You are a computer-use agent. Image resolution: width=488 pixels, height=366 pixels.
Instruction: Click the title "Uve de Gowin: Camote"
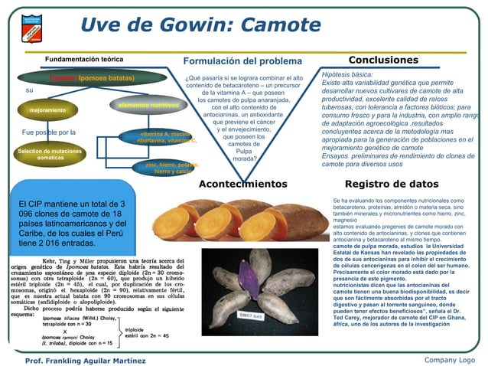coord(201,26)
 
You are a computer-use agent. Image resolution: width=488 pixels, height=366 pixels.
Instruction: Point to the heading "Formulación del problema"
coord(242,60)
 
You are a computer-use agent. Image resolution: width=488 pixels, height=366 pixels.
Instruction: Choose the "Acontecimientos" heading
coord(242,184)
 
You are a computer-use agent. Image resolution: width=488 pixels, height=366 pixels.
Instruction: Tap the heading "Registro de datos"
coord(392,184)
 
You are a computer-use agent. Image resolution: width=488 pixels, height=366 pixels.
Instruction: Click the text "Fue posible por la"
coord(48,132)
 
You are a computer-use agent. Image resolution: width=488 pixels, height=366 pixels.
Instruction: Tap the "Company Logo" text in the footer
coord(449,360)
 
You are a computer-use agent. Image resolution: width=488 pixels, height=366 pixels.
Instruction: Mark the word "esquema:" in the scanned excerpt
coord(25,313)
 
